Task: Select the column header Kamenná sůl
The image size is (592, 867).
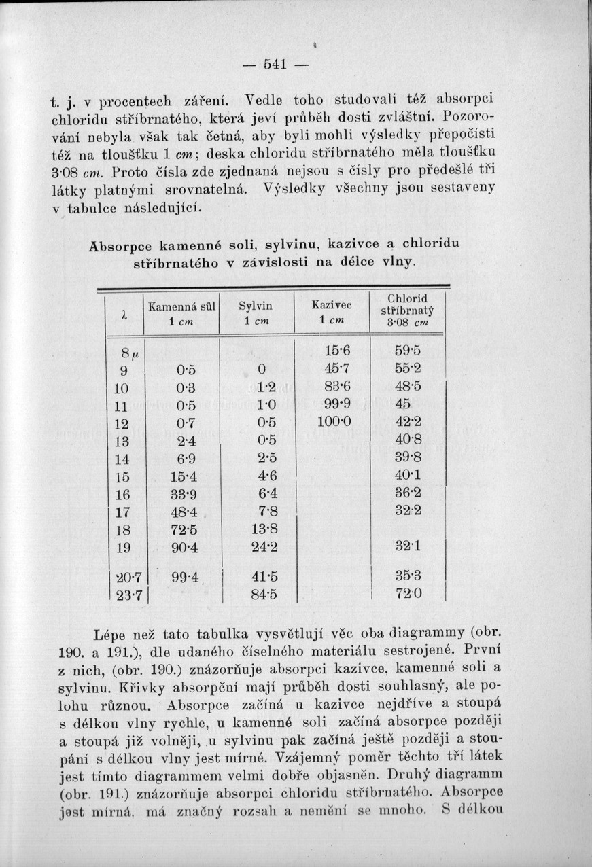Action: pyautogui.click(x=181, y=313)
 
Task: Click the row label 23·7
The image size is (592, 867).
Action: pyautogui.click(x=128, y=596)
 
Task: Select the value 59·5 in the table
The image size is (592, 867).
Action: pyautogui.click(x=408, y=351)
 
